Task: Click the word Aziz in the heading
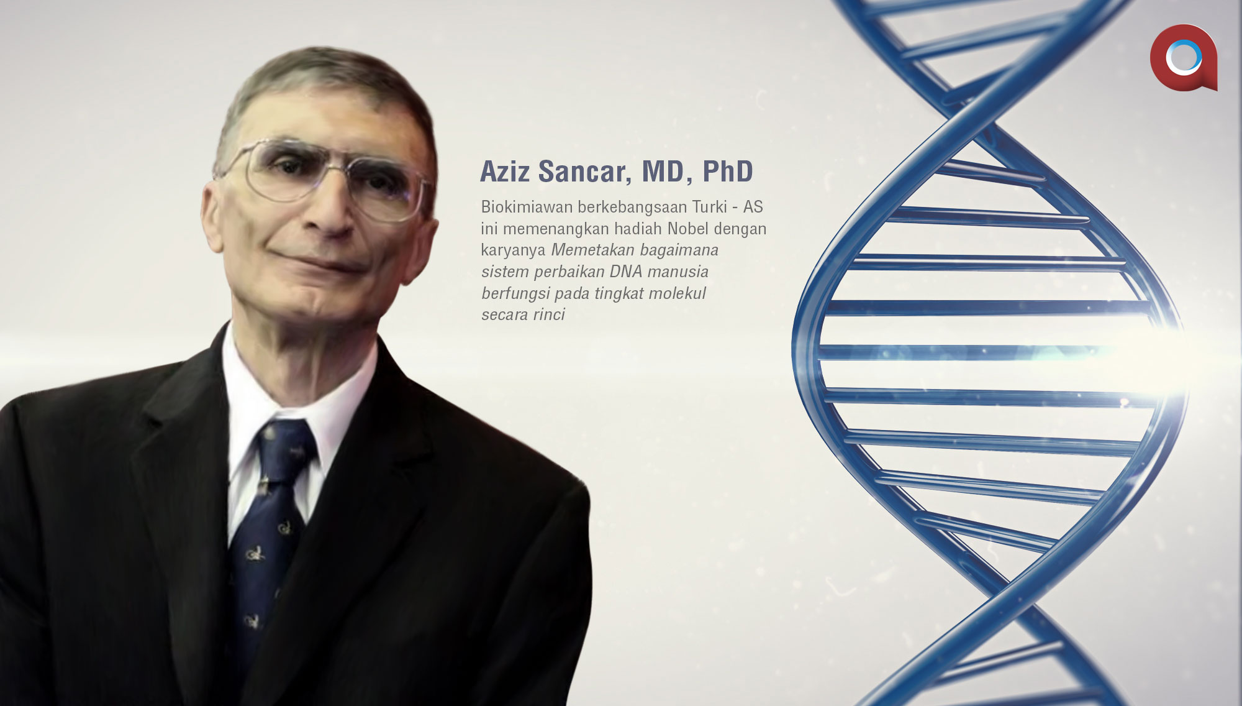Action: pyautogui.click(x=505, y=172)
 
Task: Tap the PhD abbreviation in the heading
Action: pyautogui.click(x=728, y=172)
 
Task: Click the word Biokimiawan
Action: pyautogui.click(x=527, y=207)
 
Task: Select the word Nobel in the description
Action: pyautogui.click(x=688, y=229)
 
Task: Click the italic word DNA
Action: pyautogui.click(x=626, y=272)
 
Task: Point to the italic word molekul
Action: pyautogui.click(x=678, y=293)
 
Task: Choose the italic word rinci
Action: pyautogui.click(x=548, y=314)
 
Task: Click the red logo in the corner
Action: pyautogui.click(x=1184, y=58)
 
